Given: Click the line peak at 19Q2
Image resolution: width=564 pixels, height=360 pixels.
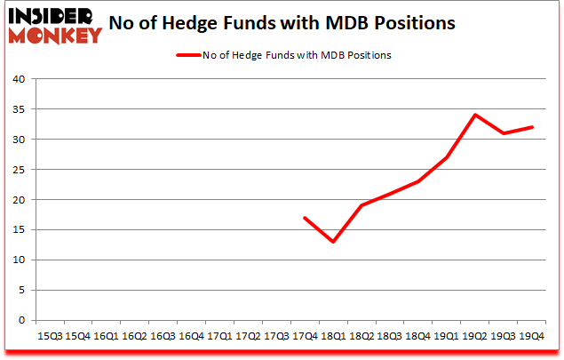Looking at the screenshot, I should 475,115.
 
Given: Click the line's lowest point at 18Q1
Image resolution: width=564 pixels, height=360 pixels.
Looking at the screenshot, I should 334,242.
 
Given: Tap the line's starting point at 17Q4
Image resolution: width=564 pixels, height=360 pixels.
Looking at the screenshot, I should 305,218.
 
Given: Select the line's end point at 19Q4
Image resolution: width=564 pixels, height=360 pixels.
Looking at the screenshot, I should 532,127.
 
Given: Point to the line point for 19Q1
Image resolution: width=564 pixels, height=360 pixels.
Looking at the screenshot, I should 447,157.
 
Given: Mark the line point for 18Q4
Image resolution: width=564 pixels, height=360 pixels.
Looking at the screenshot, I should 418,181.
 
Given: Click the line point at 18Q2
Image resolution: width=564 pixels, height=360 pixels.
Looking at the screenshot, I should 361,205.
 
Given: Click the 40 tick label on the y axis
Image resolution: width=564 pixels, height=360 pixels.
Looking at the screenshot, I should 19,79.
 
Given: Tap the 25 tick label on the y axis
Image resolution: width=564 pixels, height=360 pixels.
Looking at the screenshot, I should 19,170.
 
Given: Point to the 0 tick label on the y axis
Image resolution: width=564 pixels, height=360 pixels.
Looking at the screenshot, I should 21,320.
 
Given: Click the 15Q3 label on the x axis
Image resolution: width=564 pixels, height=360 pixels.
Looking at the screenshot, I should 49,337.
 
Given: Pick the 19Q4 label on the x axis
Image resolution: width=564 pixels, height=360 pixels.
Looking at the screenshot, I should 532,337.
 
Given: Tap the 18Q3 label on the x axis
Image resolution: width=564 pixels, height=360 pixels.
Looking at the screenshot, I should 390,337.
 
